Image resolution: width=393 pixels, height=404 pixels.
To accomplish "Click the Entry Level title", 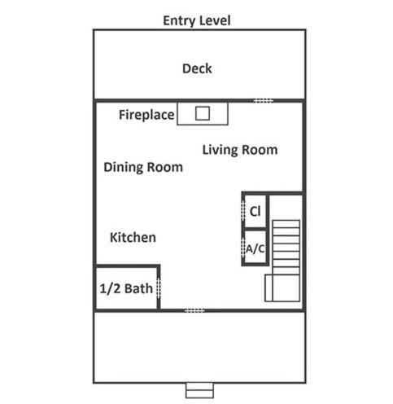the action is coord(197,21).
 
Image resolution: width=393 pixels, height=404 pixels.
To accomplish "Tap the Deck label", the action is coord(197,68).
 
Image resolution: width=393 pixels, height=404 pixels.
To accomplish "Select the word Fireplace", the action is coord(146,115).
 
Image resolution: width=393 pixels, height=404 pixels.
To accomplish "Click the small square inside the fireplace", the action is coord(203,113).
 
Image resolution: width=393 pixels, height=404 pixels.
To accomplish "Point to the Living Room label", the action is coord(240,150).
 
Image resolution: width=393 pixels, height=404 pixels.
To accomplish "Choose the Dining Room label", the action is coord(143,168).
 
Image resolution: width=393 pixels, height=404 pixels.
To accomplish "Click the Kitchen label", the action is coord(133,238).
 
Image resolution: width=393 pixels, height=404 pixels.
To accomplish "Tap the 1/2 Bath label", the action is coord(126,288).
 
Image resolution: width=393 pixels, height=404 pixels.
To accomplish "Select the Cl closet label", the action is coord(255,211).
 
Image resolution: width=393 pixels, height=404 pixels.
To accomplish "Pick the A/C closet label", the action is coord(255,248).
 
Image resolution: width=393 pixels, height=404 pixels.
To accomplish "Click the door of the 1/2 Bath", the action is coord(159,288).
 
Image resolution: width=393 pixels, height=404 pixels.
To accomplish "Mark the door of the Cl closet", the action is coord(243,211).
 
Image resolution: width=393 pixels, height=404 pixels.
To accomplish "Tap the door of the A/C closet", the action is coord(243,248).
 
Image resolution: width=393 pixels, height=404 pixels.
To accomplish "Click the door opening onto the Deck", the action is coord(264,101).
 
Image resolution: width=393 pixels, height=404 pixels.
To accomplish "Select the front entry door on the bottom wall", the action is coord(194,310).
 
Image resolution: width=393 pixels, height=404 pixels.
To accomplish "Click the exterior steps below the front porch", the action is coord(199,390).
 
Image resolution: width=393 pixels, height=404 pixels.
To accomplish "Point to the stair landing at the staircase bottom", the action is coord(282,288).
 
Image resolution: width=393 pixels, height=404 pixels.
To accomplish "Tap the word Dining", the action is coord(124,168).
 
